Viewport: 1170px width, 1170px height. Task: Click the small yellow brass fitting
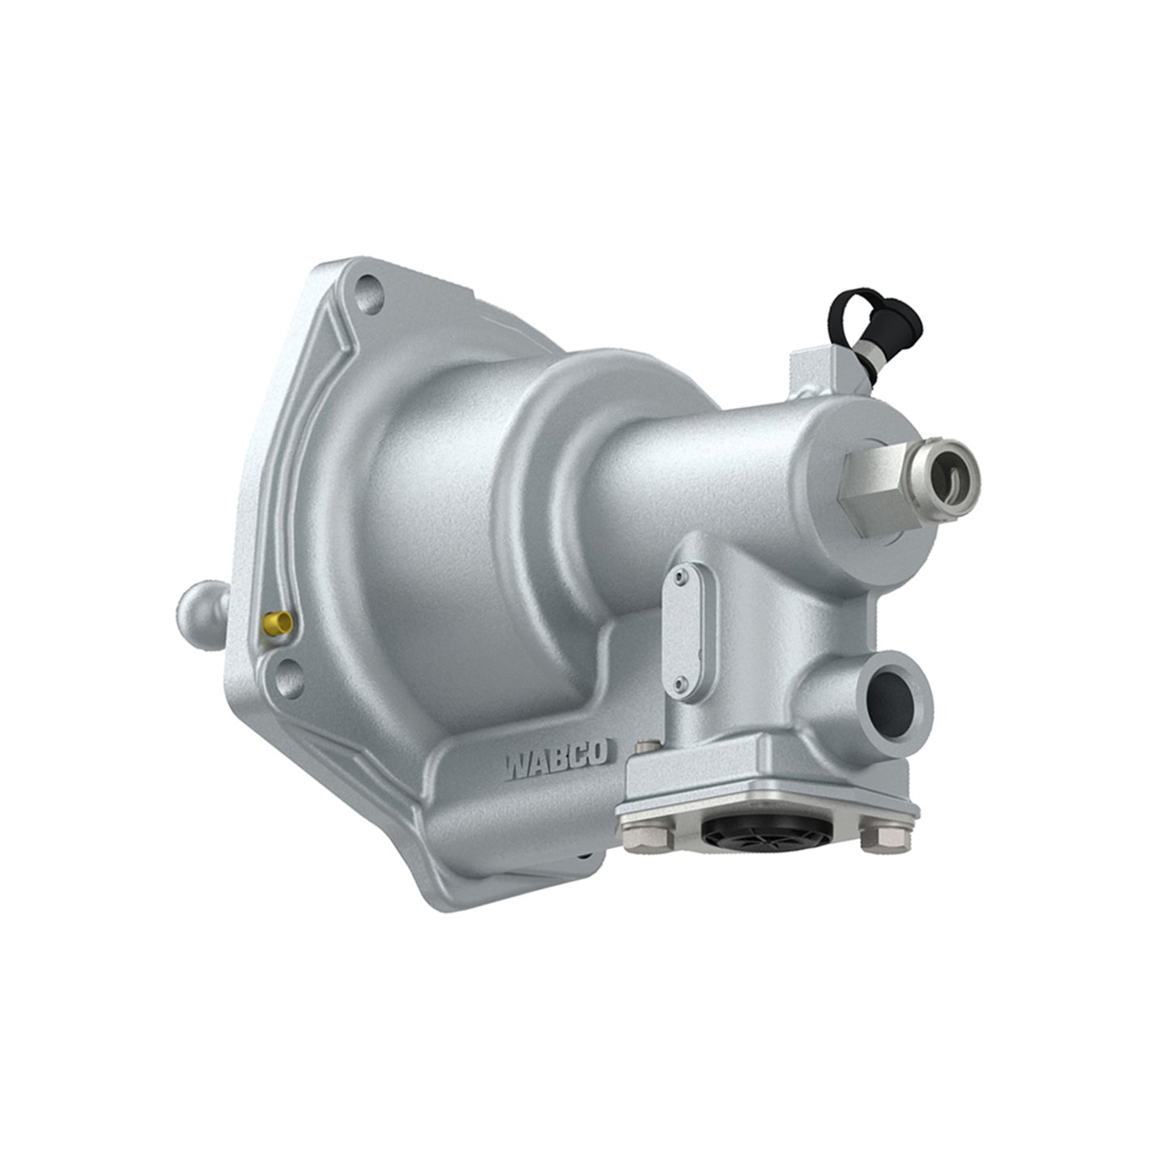tap(278, 623)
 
